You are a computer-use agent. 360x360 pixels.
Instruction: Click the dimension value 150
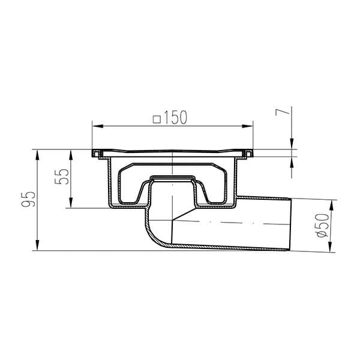[x=175, y=118]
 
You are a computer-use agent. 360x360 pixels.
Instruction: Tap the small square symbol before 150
[x=157, y=119]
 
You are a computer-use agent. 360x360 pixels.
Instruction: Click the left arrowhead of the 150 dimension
[x=96, y=126]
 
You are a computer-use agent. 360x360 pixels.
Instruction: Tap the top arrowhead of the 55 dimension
[x=72, y=152]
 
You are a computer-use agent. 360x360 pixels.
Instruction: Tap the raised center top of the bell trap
[x=173, y=178]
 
